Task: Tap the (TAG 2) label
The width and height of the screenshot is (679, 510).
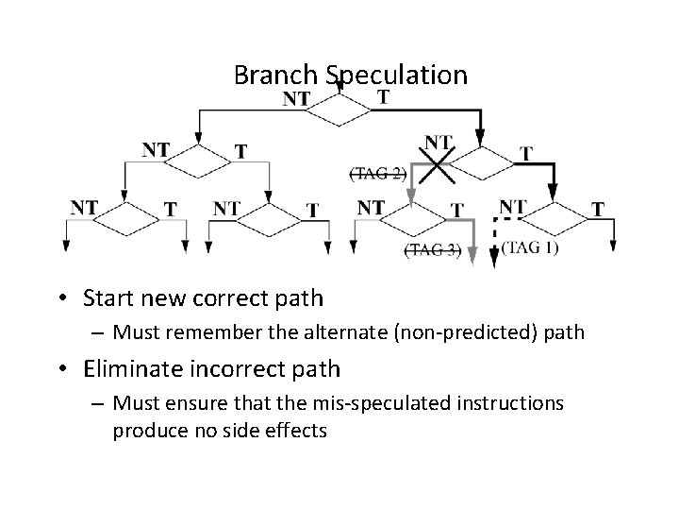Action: [x=377, y=173]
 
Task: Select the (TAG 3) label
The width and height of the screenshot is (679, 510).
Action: [x=432, y=249]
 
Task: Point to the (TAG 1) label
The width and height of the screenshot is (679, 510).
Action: [x=530, y=247]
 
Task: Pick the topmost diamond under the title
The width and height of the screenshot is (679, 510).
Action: [x=339, y=110]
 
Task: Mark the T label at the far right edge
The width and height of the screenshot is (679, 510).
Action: [x=597, y=209]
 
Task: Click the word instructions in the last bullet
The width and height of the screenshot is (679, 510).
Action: [x=510, y=403]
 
